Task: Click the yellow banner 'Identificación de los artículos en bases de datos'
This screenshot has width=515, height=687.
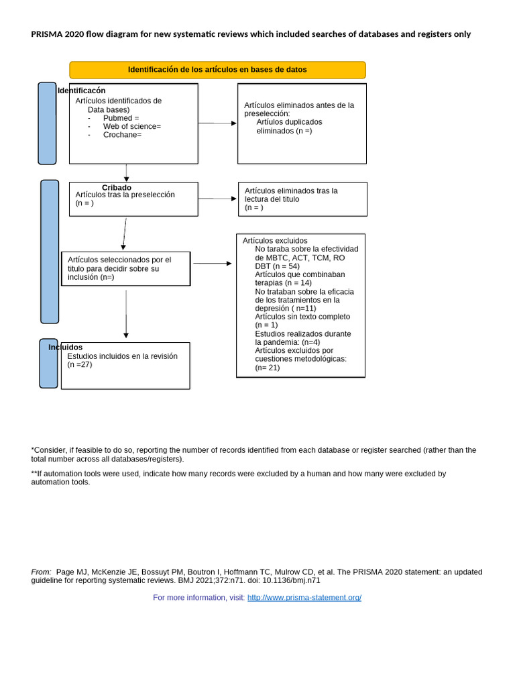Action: (217, 70)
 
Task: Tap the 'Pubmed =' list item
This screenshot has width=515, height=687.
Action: (121, 118)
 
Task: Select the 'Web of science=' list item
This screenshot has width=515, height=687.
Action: (131, 126)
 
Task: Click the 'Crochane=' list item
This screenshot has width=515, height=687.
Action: (122, 135)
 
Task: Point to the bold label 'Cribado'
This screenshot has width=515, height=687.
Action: (117, 187)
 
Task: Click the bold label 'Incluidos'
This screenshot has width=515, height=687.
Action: (65, 347)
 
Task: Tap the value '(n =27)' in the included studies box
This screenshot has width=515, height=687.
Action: (80, 365)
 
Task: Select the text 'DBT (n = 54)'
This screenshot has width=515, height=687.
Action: (277, 266)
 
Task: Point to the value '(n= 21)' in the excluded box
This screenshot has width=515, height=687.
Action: (268, 368)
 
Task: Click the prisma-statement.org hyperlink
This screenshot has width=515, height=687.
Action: (304, 598)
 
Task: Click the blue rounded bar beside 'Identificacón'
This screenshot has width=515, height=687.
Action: (47, 123)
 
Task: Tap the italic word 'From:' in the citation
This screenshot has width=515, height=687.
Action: (42, 572)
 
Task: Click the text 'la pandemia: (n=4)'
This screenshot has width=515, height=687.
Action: (287, 342)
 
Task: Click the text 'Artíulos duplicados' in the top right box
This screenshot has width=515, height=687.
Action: (289, 122)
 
